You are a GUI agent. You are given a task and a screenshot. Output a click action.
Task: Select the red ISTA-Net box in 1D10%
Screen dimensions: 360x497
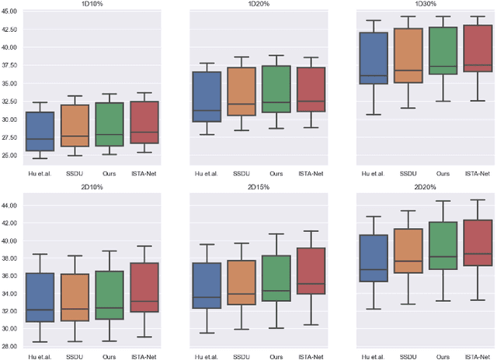pyautogui.click(x=144, y=122)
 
